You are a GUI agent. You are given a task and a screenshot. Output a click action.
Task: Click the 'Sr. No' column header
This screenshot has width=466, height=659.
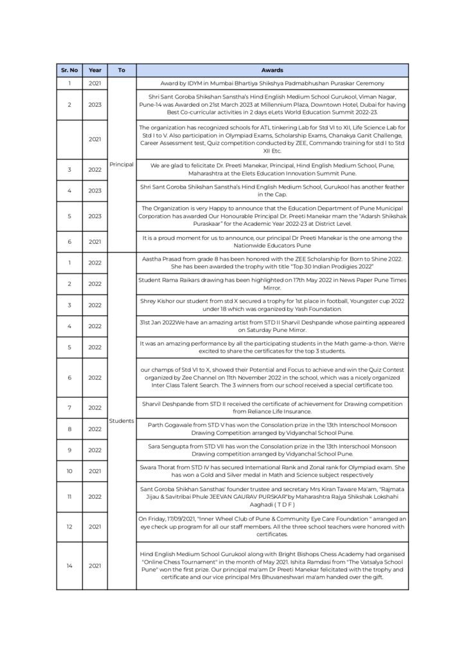69,70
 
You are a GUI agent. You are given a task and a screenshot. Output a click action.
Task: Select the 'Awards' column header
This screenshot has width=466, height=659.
272,70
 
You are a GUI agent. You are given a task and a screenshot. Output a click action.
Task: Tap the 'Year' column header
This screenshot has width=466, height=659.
94,70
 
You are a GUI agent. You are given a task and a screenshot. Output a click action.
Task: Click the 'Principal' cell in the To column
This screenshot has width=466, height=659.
121,164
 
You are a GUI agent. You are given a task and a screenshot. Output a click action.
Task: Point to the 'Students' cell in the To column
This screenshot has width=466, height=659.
121,420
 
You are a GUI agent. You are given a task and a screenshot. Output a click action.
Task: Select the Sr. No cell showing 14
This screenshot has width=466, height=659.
69,565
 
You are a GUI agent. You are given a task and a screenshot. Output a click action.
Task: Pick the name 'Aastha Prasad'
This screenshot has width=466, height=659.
161,257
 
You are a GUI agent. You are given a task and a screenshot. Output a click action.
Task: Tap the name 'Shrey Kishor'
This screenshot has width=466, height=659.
158,301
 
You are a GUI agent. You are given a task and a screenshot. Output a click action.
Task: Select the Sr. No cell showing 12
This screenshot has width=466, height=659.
69,526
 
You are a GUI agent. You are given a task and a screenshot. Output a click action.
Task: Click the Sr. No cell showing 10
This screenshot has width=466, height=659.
69,471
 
